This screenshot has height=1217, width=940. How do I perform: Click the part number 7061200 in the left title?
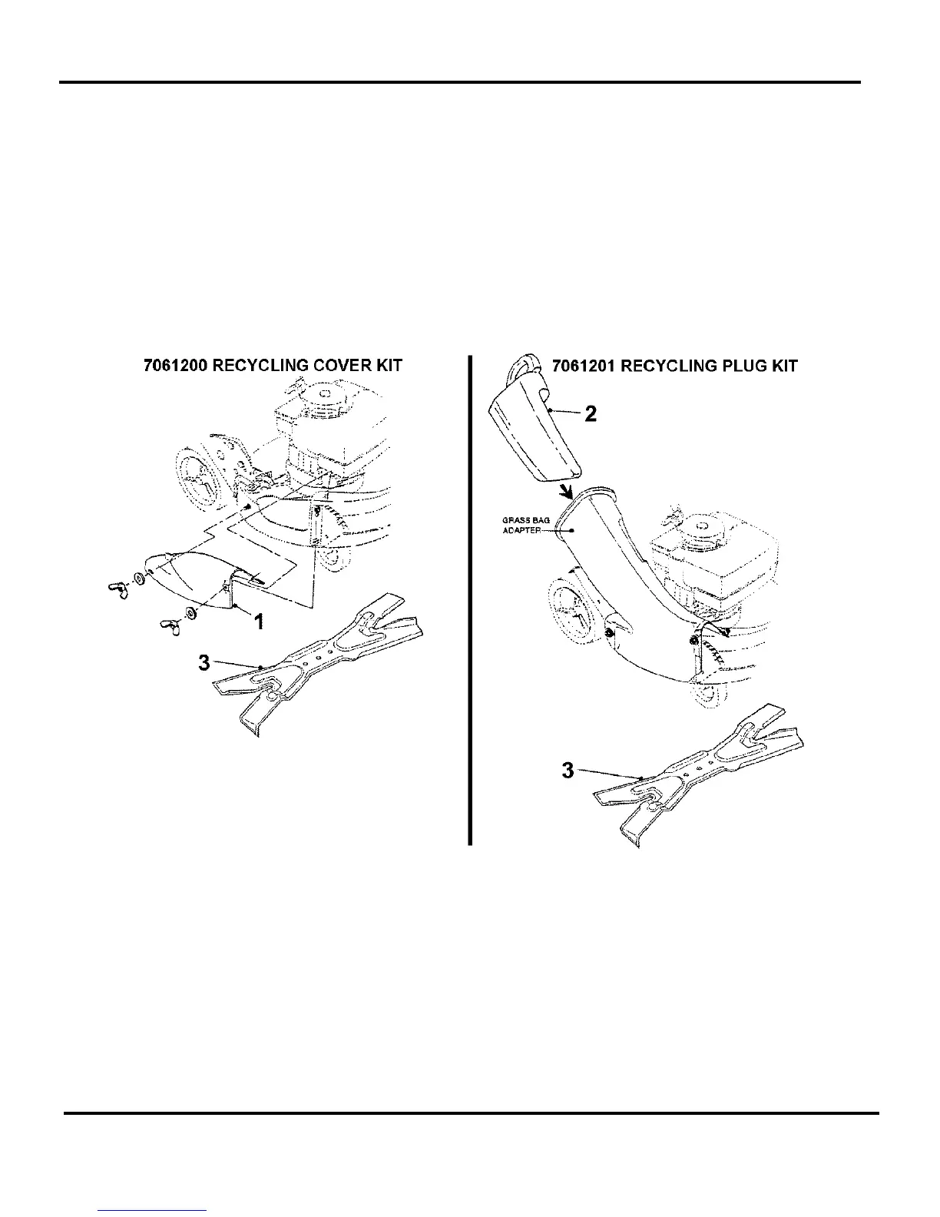[175, 365]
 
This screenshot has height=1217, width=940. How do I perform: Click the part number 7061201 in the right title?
[583, 365]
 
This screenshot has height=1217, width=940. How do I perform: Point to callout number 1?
[259, 622]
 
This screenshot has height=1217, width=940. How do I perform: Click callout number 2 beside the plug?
[591, 414]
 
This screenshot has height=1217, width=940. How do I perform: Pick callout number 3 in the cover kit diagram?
[204, 662]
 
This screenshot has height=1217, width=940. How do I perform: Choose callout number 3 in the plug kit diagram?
[568, 770]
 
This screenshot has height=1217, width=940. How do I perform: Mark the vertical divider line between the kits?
[469, 599]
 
